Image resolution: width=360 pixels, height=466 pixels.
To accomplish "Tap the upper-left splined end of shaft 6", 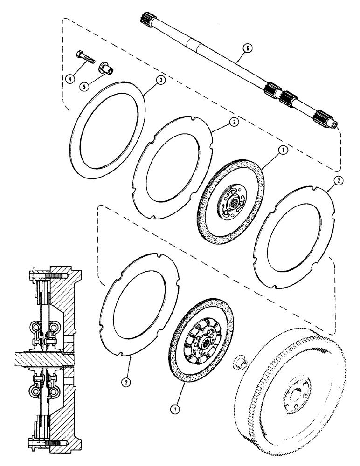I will (x=145, y=20).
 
